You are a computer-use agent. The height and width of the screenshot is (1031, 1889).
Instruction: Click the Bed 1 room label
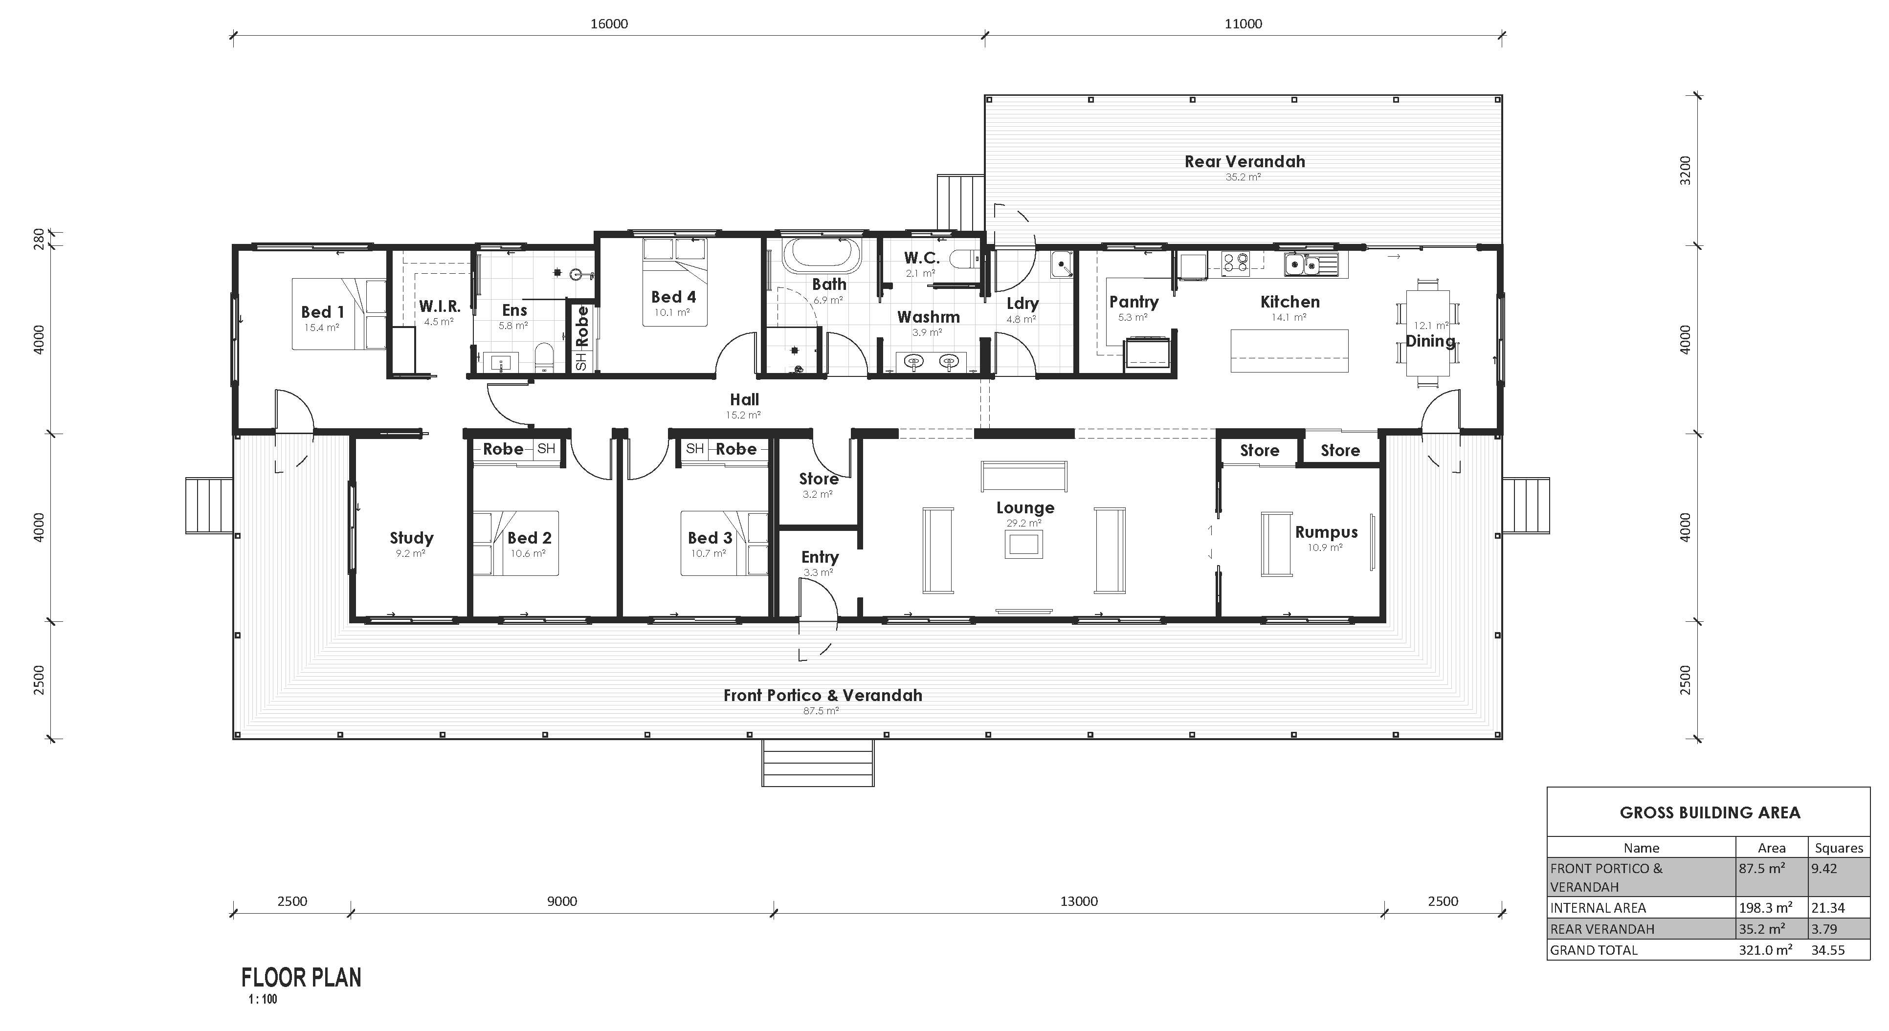click(322, 312)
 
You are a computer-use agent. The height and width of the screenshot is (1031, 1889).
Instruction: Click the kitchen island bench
click(1289, 351)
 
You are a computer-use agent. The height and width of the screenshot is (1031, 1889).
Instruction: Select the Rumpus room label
click(1326, 532)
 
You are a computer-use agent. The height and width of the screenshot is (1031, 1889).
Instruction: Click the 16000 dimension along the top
click(609, 23)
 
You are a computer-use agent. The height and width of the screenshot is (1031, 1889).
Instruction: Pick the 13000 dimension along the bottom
click(1079, 901)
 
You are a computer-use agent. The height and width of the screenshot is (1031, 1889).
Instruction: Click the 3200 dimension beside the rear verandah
click(1685, 170)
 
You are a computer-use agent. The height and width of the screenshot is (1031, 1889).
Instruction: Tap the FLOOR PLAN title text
click(301, 978)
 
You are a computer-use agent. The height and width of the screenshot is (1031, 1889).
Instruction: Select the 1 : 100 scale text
click(263, 999)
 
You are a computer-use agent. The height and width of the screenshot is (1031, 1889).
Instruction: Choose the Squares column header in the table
click(1839, 848)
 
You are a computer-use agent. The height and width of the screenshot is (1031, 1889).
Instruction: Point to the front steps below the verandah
click(818, 763)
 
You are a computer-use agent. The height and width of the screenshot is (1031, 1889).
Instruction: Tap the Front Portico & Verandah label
click(822, 695)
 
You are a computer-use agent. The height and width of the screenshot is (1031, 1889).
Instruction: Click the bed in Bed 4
click(675, 283)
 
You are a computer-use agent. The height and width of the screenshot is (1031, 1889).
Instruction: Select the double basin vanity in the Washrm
click(931, 362)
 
